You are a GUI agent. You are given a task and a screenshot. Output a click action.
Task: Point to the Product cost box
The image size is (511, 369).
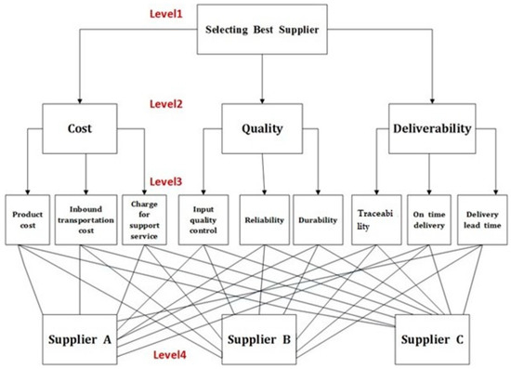point(26,220)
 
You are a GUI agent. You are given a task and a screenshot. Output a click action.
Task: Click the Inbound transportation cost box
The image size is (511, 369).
point(85,220)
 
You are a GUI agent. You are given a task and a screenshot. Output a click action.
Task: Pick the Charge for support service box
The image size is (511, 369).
point(145,220)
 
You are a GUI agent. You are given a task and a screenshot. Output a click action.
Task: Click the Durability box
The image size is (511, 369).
point(318,220)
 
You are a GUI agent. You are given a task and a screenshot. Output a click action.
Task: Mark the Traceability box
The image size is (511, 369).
point(375,220)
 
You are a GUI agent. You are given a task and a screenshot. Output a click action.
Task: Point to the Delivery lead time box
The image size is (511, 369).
point(484,220)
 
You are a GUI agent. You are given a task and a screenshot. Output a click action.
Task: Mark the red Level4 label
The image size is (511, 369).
point(173,356)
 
